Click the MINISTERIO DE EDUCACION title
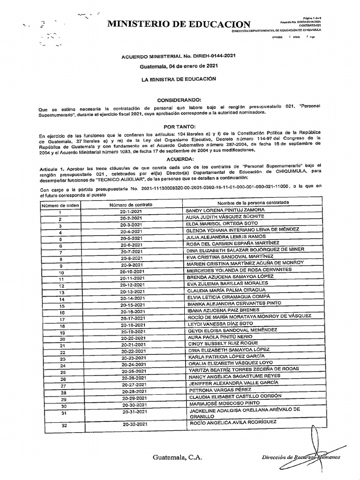(179, 25)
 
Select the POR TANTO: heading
(180, 127)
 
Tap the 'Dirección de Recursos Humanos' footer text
(301, 457)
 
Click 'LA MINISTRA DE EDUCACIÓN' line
(180, 79)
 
